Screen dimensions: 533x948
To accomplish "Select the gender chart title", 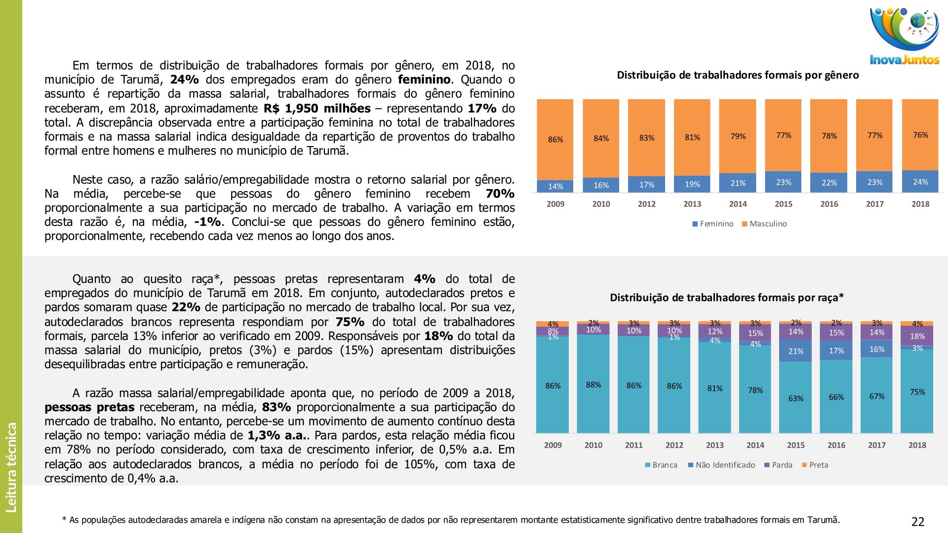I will click(738, 75).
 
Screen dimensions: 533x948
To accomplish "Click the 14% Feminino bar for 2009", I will click(555, 186).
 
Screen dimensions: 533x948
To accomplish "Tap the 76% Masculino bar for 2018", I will click(920, 135).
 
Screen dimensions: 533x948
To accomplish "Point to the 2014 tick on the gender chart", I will click(738, 204).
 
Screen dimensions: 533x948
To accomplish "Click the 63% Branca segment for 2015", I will click(795, 398).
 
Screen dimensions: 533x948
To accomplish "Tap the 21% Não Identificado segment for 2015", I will click(795, 351).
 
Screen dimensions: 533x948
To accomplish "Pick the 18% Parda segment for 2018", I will click(917, 336).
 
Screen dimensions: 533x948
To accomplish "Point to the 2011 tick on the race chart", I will click(634, 445).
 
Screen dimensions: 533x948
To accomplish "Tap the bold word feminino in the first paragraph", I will click(424, 79).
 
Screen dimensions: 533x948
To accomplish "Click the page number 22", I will click(918, 522).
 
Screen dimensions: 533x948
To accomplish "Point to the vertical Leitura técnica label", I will click(11, 467).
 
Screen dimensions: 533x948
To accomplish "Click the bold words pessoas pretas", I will click(89, 407).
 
